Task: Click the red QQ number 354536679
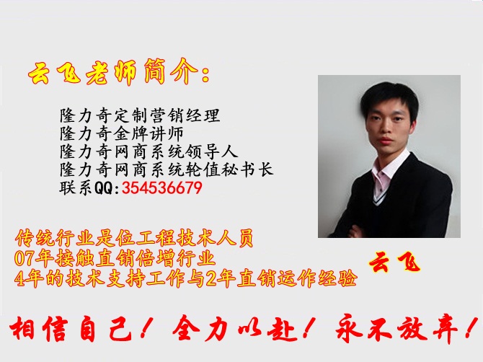tap(162, 187)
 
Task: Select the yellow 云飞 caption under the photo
tap(394, 262)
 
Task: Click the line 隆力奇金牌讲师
tap(122, 133)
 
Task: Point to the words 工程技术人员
tap(195, 238)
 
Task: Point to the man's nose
tap(386, 129)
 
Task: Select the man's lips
tap(386, 141)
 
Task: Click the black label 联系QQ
tap(89, 187)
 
